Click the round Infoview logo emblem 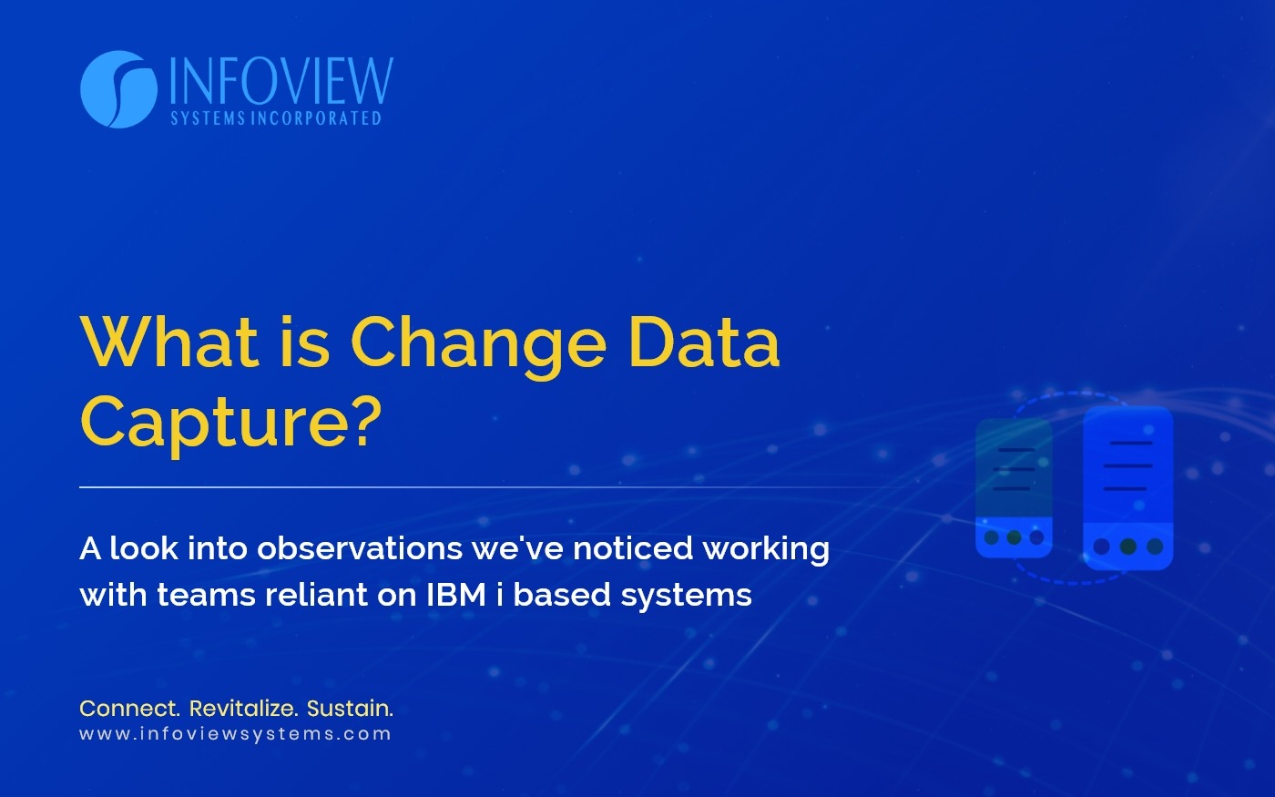(x=118, y=89)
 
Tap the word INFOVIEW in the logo (x=281, y=81)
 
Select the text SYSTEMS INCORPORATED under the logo (x=276, y=118)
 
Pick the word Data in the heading (x=703, y=342)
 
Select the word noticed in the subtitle (x=632, y=548)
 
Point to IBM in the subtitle (x=456, y=595)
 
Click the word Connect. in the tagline (x=129, y=709)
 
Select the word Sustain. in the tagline (x=350, y=709)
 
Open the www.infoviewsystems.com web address (x=235, y=734)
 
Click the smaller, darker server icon (x=1014, y=488)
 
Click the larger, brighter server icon (x=1128, y=488)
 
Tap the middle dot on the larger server (x=1128, y=547)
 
